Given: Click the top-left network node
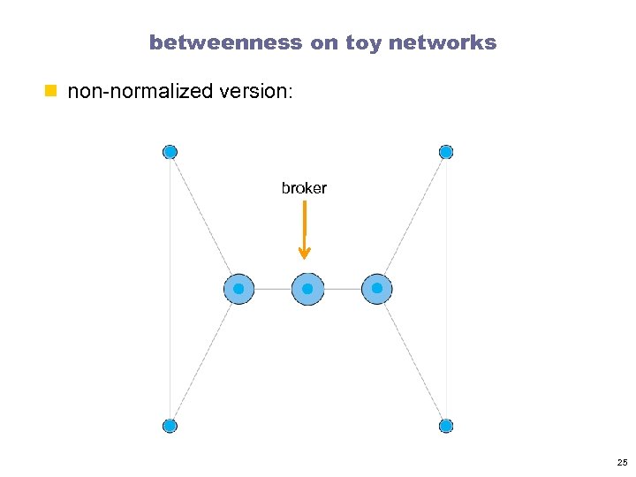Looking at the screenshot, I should [170, 152].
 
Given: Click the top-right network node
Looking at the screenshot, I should [446, 152].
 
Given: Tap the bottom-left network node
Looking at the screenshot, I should [170, 426].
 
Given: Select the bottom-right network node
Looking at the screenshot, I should [446, 426].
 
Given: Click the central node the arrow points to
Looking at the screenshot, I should [307, 289].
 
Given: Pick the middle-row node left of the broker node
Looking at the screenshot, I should [238, 289].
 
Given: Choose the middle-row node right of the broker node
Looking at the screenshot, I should [377, 289].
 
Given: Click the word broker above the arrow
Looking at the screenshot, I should [304, 188].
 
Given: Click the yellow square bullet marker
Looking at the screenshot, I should [51, 90].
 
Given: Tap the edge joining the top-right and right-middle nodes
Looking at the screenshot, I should [413, 218].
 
